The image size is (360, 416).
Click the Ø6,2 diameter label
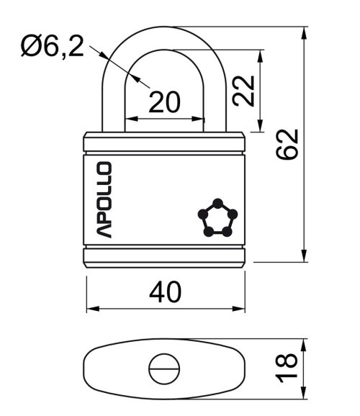point(53,47)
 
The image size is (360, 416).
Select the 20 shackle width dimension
point(165,102)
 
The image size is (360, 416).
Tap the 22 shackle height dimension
point(243,91)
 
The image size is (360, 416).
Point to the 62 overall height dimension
point(287,145)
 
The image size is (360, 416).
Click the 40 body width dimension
point(165,292)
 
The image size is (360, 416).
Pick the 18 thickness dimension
point(286,368)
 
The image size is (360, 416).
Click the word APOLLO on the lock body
point(104,199)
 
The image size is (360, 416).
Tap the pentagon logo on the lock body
point(217,217)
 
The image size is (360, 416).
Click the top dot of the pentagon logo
point(217,203)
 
